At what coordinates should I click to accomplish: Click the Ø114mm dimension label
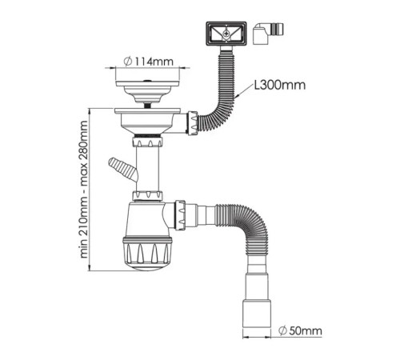tap(149, 62)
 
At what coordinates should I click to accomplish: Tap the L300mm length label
tap(279, 86)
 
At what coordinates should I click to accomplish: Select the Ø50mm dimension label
tap(300, 331)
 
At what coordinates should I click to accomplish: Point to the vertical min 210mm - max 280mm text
tap(84, 190)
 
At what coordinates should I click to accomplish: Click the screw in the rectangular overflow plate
tap(226, 34)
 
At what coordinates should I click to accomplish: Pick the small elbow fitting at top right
tap(268, 34)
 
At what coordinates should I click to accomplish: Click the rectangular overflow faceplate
tap(226, 34)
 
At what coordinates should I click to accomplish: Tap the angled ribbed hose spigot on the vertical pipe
tap(122, 169)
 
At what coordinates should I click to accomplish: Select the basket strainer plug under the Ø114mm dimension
tap(148, 92)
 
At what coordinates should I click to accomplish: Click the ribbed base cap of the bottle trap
tap(147, 253)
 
